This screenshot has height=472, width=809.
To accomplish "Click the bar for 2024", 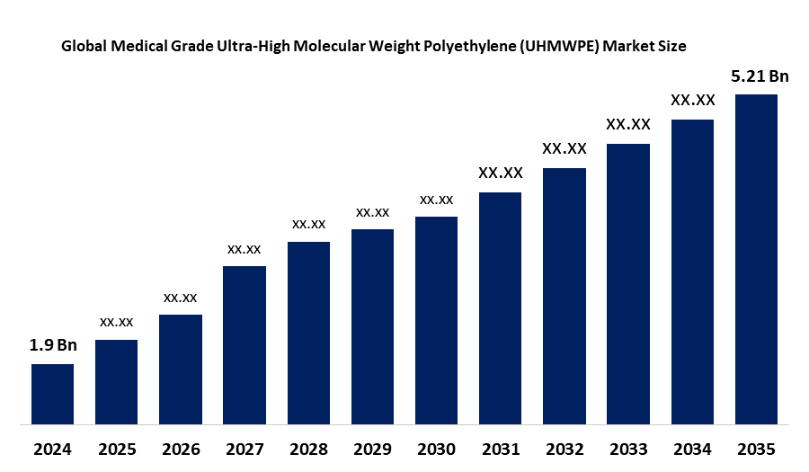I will click(x=52, y=393).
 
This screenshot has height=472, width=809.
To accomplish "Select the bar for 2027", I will click(x=244, y=344).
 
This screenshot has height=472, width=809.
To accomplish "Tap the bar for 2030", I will click(x=436, y=319).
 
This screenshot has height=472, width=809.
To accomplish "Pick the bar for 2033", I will click(x=628, y=283).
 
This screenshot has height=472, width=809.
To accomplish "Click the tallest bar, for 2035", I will click(x=756, y=258).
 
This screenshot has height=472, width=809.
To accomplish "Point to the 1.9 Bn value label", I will click(x=52, y=345).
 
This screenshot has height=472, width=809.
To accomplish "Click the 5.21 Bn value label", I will click(x=760, y=76).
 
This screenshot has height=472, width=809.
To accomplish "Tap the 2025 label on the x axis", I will click(x=117, y=448).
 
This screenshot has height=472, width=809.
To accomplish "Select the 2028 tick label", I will click(x=308, y=448).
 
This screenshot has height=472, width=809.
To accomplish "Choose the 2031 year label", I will click(x=500, y=448).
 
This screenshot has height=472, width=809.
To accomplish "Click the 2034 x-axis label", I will click(x=692, y=448).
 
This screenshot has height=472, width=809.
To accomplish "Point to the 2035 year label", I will click(x=756, y=448).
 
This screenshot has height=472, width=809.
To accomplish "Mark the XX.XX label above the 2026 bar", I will click(x=181, y=297).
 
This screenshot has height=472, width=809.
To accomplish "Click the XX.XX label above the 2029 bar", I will click(x=372, y=212).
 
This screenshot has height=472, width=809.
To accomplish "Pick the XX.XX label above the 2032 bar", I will click(x=565, y=148).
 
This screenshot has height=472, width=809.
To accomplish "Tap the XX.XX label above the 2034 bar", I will click(x=692, y=100).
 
